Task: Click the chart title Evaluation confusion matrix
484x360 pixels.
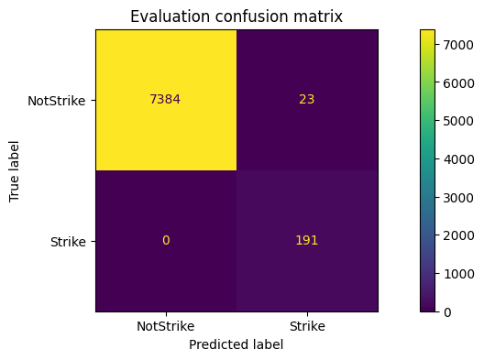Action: (236, 16)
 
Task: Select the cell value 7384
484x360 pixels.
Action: (166, 100)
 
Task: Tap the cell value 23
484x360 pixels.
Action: (306, 100)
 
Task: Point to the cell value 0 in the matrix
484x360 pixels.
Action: (166, 241)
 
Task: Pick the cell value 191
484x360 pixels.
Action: (306, 241)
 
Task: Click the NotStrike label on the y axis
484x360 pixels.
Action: (58, 101)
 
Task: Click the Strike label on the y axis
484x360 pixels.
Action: (70, 242)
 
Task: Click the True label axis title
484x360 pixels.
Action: (15, 170)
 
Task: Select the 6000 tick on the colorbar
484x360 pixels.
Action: (456, 82)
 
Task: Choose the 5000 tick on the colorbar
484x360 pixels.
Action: (456, 121)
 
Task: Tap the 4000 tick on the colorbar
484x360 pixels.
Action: (456, 159)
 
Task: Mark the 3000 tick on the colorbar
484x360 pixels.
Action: (456, 197)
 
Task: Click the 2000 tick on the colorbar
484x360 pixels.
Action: (456, 235)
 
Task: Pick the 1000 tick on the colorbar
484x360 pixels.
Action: (456, 274)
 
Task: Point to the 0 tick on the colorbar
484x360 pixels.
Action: (446, 312)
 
